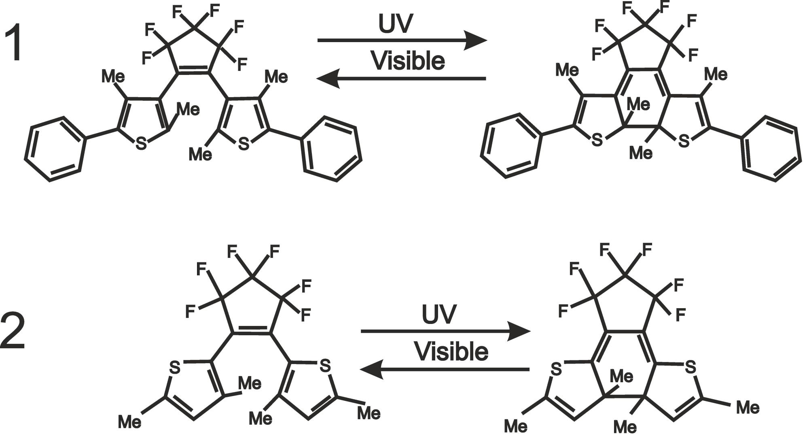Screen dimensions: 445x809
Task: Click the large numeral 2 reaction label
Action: [x=13, y=331]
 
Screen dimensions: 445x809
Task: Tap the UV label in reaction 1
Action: [x=396, y=24]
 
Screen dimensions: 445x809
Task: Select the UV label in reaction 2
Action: [x=439, y=314]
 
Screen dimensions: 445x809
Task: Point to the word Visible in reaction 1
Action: [x=408, y=61]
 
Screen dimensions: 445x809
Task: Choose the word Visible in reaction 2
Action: [x=451, y=351]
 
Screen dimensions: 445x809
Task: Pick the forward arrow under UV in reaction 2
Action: [x=445, y=331]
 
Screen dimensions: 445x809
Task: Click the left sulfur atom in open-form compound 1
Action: [x=141, y=144]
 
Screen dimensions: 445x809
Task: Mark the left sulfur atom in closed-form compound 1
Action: [x=597, y=141]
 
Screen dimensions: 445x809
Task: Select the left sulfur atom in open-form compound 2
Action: [x=175, y=367]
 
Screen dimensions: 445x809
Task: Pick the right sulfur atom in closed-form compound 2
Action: [x=690, y=367]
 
